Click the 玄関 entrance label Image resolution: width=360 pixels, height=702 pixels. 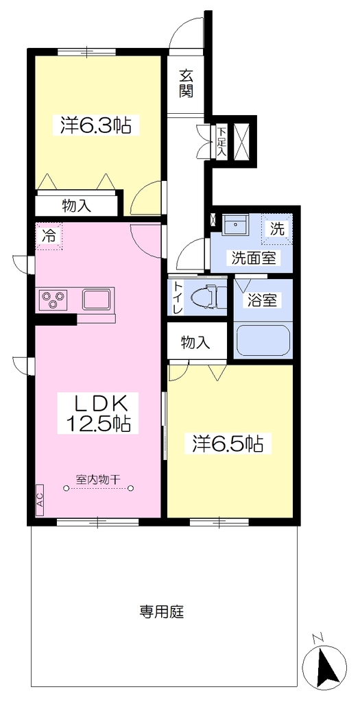[187, 83]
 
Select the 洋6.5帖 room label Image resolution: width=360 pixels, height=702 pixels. [228, 444]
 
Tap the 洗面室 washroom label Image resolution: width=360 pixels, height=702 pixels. [253, 258]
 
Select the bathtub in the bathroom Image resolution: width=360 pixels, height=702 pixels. [263, 340]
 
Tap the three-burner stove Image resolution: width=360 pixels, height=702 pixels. [53, 299]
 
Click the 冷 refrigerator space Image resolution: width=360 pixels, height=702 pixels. [49, 237]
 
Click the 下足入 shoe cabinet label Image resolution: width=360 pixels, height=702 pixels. [221, 143]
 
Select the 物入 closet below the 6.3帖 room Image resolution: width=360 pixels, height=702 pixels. [77, 206]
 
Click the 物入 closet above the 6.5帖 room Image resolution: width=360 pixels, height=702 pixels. [195, 343]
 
